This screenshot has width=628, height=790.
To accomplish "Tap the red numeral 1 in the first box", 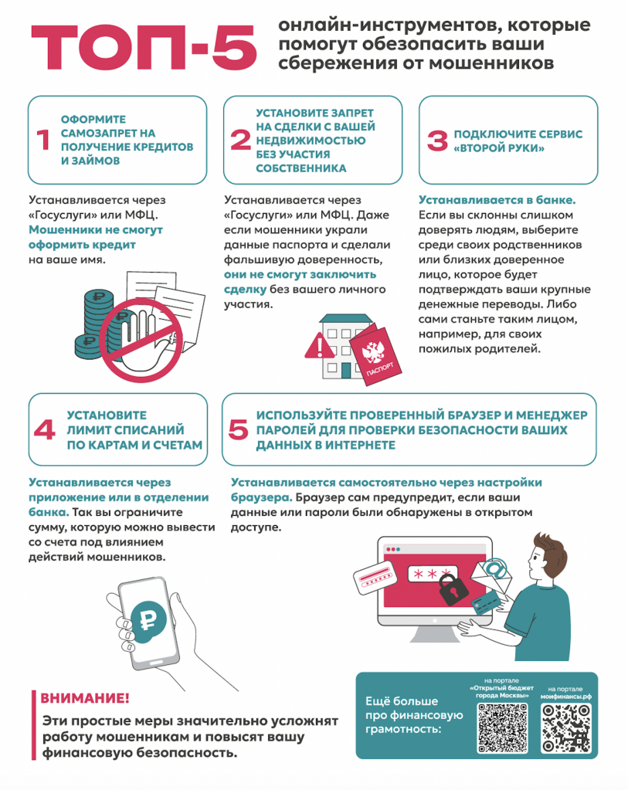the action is pyautogui.click(x=44, y=140).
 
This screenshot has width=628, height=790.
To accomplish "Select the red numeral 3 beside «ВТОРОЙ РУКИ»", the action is pyautogui.click(x=437, y=141).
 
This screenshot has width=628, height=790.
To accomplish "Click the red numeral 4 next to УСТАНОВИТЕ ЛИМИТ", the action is pyautogui.click(x=44, y=430).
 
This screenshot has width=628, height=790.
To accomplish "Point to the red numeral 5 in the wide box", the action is pyautogui.click(x=239, y=430).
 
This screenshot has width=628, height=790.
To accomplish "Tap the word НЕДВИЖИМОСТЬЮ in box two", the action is pyautogui.click(x=311, y=141).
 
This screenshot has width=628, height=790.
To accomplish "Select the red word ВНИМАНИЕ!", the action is pyautogui.click(x=85, y=698).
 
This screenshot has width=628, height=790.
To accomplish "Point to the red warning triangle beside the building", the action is pyautogui.click(x=319, y=346).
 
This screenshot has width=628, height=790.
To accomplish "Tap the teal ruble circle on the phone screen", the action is pyautogui.click(x=148, y=621).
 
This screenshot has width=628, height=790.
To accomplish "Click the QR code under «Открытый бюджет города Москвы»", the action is pyautogui.click(x=502, y=728).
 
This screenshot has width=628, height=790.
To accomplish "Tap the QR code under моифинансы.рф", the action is pyautogui.click(x=565, y=728).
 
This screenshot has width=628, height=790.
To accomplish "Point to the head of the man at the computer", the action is pyautogui.click(x=548, y=556).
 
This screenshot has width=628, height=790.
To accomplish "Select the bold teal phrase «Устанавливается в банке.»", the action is pyautogui.click(x=497, y=200).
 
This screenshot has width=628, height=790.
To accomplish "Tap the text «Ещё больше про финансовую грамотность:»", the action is pyautogui.click(x=414, y=715).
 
